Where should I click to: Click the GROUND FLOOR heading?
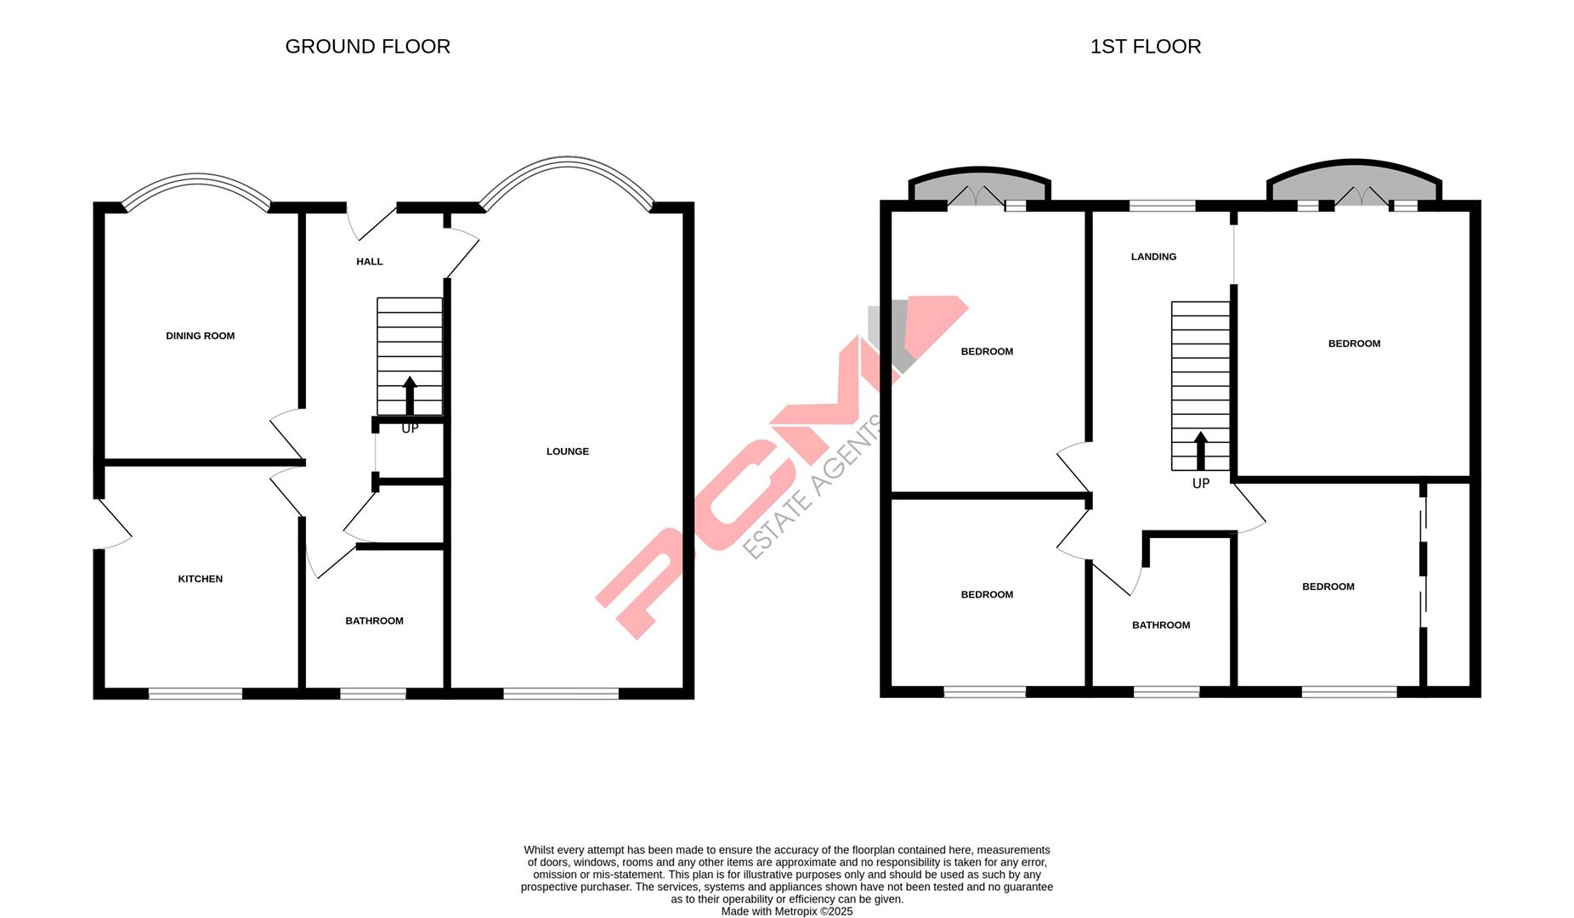pos(367,47)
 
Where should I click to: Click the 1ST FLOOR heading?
pos(1145,47)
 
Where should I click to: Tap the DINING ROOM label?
pos(200,336)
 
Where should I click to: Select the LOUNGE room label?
pos(567,451)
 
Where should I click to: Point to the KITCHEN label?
pos(200,579)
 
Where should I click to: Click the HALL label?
pos(369,262)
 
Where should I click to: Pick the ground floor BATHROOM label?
pos(374,621)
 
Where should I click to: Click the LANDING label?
pos(1153,257)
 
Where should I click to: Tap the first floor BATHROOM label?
pos(1160,626)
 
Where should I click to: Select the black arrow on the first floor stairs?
pos(1200,450)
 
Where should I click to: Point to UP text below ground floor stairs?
pos(410,428)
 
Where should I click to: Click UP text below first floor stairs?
pos(1200,484)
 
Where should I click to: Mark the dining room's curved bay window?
pos(197,183)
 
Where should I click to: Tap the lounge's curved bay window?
pos(567,166)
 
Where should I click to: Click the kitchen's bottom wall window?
pos(195,694)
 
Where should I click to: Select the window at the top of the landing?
pos(1162,205)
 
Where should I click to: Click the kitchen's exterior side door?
pos(110,524)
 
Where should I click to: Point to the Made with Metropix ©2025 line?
pos(786,911)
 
